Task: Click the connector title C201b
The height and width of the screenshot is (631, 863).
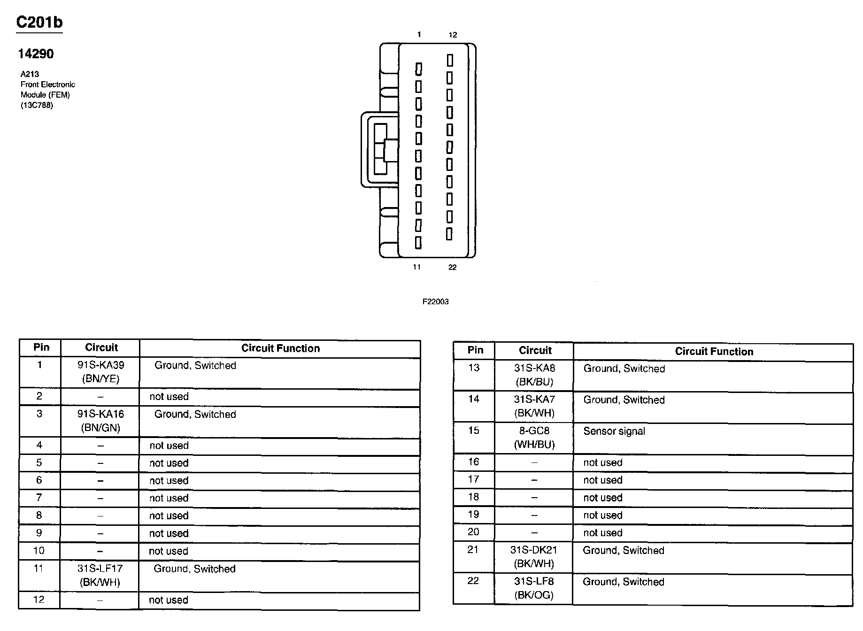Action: [x=39, y=23]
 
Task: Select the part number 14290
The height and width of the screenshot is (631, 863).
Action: [x=36, y=54]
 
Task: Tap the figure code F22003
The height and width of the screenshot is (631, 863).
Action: [x=435, y=302]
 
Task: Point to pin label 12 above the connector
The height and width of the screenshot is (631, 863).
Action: [x=453, y=35]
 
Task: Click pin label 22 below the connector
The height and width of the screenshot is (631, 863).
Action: [x=452, y=267]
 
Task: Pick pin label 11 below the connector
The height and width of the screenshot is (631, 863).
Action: [x=417, y=267]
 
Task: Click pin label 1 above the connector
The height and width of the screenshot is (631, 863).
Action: [x=419, y=34]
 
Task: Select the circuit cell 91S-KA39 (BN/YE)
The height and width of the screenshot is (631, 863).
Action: [x=100, y=372]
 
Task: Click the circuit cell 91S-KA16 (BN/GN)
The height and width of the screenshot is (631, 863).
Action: [x=100, y=421]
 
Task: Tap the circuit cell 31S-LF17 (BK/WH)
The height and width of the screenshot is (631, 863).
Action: [x=100, y=575]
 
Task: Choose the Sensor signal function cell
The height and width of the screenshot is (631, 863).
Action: [x=614, y=431]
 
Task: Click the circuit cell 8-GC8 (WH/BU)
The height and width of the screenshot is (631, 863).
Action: [x=534, y=438]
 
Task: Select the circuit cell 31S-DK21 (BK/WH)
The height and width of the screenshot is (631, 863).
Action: [x=534, y=556]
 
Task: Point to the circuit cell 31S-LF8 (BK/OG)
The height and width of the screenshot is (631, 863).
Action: [x=534, y=588]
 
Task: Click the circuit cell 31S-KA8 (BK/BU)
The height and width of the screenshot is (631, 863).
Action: [x=534, y=375]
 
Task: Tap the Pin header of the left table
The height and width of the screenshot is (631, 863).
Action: [x=41, y=347]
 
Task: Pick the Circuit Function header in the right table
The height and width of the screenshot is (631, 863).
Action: [x=714, y=352]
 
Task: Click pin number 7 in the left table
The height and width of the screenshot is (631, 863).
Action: [x=39, y=498]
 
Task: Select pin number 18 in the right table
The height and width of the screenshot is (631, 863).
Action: [x=473, y=497]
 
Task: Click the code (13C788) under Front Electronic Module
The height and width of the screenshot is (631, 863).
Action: [x=37, y=105]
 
